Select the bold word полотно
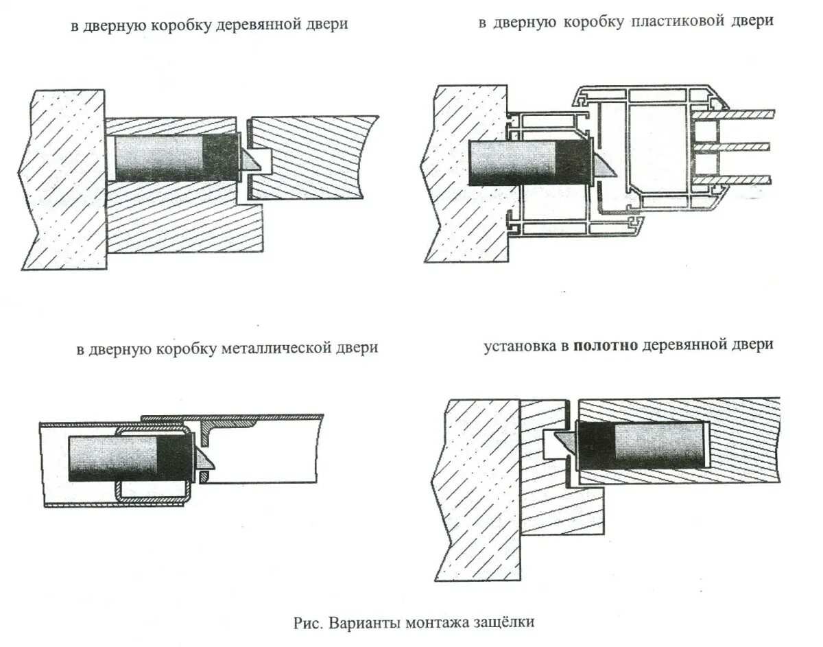606,344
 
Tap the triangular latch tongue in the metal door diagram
204,461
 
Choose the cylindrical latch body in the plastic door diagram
514,163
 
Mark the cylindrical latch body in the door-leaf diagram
658,444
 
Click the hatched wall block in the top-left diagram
65,178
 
